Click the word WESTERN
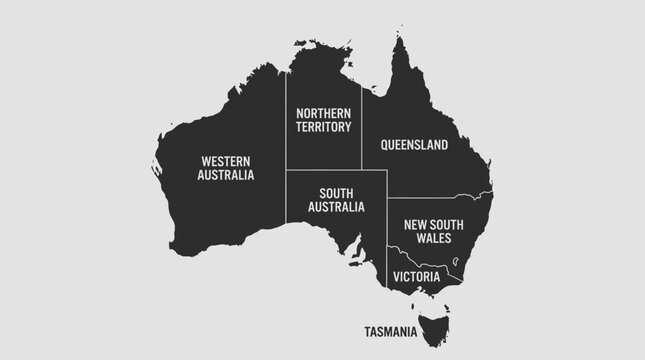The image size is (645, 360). pyautogui.click(x=226, y=160)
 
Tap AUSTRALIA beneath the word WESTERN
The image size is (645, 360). pyautogui.click(x=226, y=174)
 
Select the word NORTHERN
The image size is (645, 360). pyautogui.click(x=324, y=114)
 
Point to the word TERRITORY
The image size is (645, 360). pyautogui.click(x=324, y=128)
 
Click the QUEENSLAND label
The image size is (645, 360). pyautogui.click(x=414, y=145)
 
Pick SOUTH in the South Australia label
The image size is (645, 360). pyautogui.click(x=335, y=192)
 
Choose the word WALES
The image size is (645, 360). pyautogui.click(x=435, y=239)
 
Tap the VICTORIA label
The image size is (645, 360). pyautogui.click(x=417, y=275)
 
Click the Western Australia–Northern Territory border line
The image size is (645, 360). pyautogui.click(x=287, y=140)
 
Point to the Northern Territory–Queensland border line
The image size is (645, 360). pyautogui.click(x=362, y=140)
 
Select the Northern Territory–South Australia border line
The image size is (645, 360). pyautogui.click(x=324, y=171)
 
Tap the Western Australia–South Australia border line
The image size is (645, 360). pyautogui.click(x=287, y=200)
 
